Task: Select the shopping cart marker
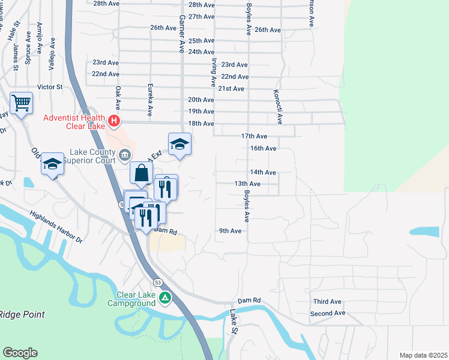tap(21, 103)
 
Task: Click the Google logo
tap(20, 353)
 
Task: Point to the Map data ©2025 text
tap(423, 355)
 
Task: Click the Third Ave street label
tap(327, 302)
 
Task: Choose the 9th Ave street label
tap(230, 231)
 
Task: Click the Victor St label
tap(50, 87)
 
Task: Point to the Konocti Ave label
tap(278, 107)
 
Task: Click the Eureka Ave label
tap(149, 100)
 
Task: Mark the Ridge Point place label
tap(22, 314)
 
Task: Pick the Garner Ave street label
tap(179, 34)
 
